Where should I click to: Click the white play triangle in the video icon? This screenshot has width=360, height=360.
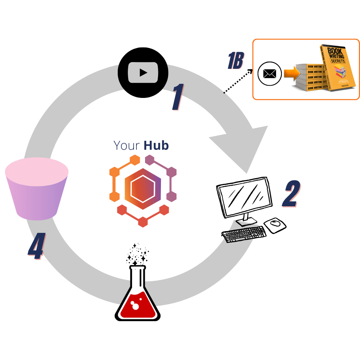pyautogui.click(x=143, y=72)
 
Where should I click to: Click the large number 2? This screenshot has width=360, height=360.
pyautogui.click(x=290, y=195)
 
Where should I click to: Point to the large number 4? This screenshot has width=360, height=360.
pyautogui.click(x=36, y=247)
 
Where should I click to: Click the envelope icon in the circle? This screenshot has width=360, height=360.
pyautogui.click(x=269, y=74)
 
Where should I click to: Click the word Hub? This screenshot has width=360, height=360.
pyautogui.click(x=156, y=145)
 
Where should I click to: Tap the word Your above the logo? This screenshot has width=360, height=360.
pyautogui.click(x=127, y=145)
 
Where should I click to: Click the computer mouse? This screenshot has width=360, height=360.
pyautogui.click(x=275, y=225)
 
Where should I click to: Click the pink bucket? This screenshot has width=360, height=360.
pyautogui.click(x=37, y=189)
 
